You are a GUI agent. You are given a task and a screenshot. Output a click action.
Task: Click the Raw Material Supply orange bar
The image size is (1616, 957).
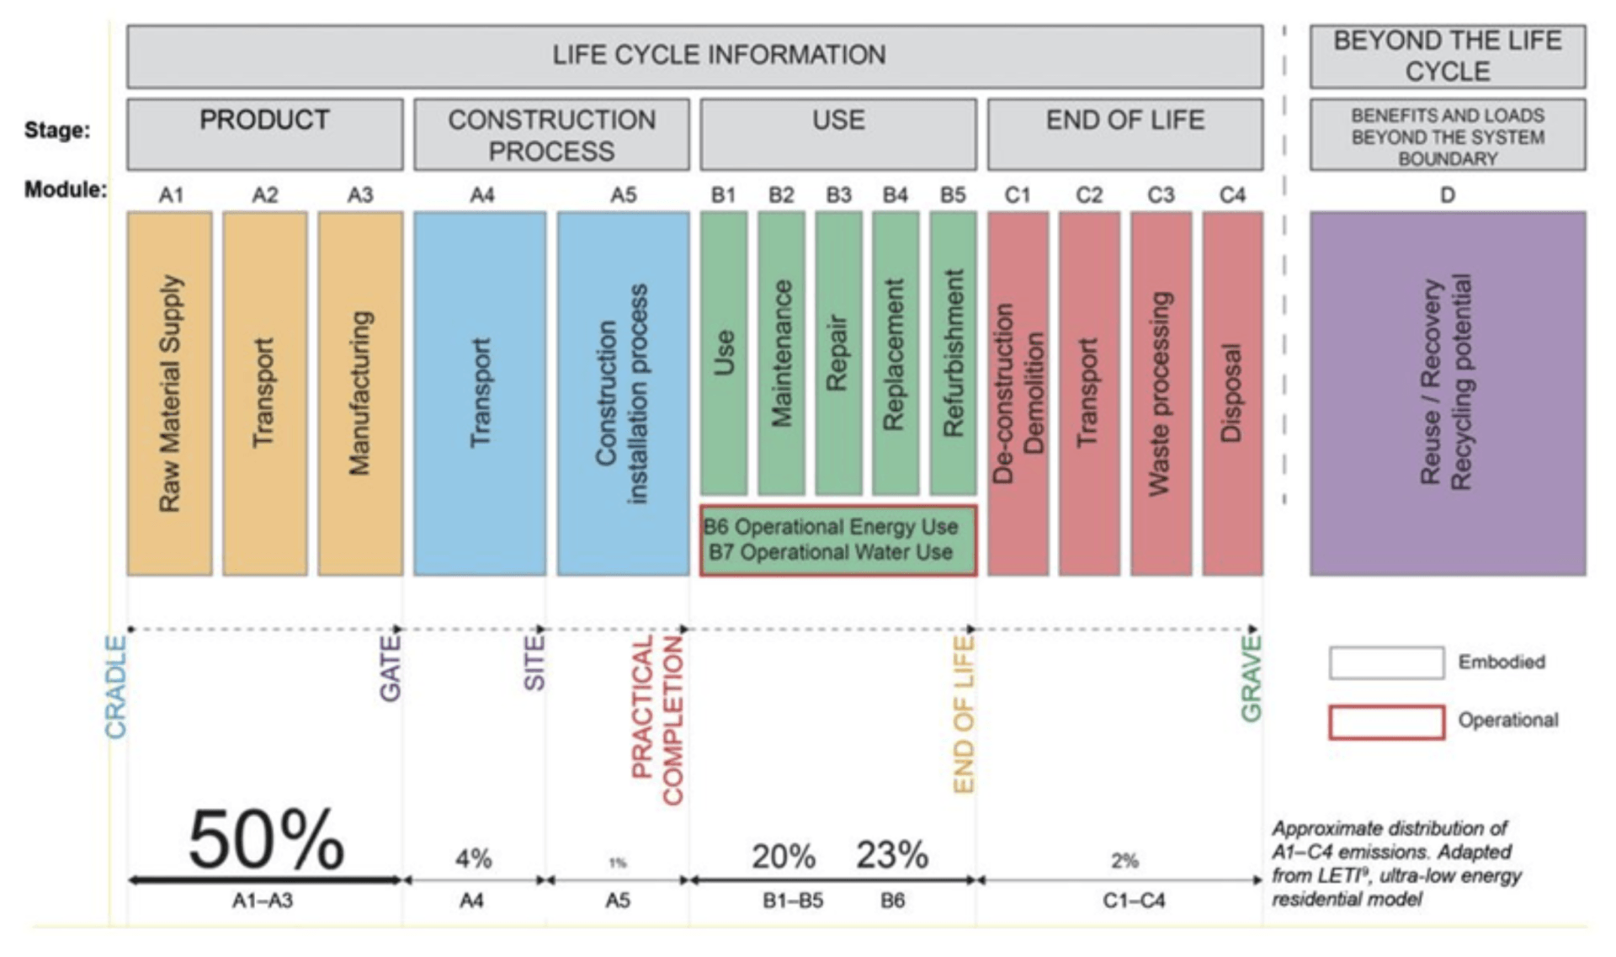coord(169,393)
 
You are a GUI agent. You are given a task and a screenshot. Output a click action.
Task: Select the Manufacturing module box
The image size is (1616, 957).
coord(360,393)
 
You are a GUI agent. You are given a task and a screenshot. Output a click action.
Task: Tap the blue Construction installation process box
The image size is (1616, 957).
coord(622,393)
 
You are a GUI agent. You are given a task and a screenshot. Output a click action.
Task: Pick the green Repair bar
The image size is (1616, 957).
coord(837,353)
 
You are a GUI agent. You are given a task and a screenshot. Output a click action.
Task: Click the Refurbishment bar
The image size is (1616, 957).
coord(953,353)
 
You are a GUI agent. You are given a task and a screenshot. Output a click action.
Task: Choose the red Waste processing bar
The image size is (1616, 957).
coord(1160,393)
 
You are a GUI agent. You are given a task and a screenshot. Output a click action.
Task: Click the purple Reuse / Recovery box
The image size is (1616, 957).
coord(1447,393)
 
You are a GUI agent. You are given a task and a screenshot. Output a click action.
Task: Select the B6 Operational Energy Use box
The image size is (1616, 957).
coord(837,540)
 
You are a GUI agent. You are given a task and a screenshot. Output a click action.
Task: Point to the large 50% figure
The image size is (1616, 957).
coord(266,840)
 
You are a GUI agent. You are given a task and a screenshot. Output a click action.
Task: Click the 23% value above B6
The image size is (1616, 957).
coord(892,855)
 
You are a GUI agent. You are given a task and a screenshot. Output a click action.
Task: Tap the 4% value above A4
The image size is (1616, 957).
coord(473,859)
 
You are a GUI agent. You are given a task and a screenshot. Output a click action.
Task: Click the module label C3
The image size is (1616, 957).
coord(1160,195)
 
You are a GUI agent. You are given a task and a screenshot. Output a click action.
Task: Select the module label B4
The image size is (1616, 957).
coord(895,195)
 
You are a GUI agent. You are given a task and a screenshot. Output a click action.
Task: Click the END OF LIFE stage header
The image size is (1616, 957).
coord(1124,134)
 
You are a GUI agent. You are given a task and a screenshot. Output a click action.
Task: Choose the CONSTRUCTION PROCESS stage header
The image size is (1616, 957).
coord(551,135)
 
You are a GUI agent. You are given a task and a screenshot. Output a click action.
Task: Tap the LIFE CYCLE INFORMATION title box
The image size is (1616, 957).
coord(694,56)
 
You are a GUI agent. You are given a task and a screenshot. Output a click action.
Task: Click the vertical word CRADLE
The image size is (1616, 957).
coord(115,687)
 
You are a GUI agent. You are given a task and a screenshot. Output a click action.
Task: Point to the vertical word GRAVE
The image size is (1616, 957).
coord(1251,678)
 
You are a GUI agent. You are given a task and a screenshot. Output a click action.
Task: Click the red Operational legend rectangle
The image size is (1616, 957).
coord(1386,722)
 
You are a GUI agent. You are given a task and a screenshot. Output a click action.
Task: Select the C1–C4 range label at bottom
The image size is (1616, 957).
coord(1134,901)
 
